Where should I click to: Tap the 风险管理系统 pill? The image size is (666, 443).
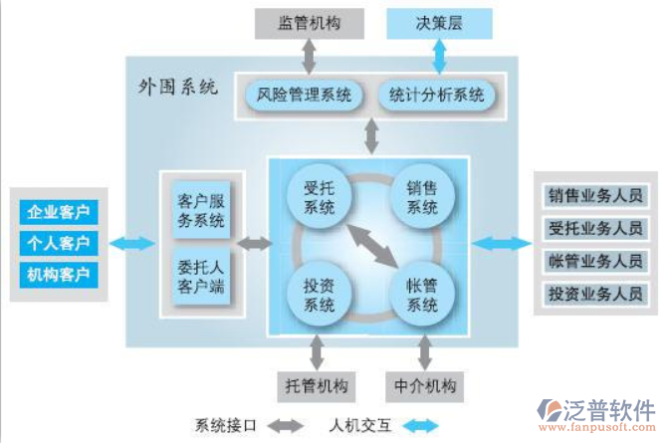coord(304,96)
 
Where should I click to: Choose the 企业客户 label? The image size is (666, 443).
coord(59,211)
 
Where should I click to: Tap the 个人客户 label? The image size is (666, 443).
coord(59,242)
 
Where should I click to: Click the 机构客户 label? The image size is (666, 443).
coord(59,273)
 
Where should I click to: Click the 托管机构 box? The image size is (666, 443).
coord(317,384)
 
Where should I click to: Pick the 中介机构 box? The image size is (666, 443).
coord(426,384)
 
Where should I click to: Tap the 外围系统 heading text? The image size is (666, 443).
coord(177,87)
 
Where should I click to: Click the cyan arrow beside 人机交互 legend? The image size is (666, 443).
coord(417,425)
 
